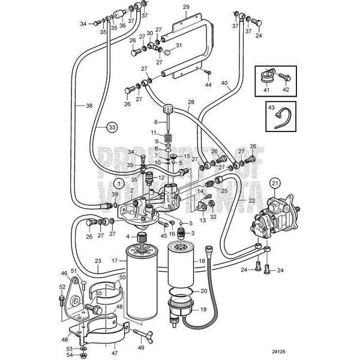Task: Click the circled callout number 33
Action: pos(111,127)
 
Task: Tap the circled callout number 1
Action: pos(119,182)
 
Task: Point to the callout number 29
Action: pos(186,7)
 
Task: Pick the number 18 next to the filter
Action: pos(202,262)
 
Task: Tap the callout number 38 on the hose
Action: pos(89,106)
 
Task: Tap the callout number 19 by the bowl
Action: pos(202,311)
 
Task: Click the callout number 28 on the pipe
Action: pos(191,103)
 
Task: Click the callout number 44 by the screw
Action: pos(209,85)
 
